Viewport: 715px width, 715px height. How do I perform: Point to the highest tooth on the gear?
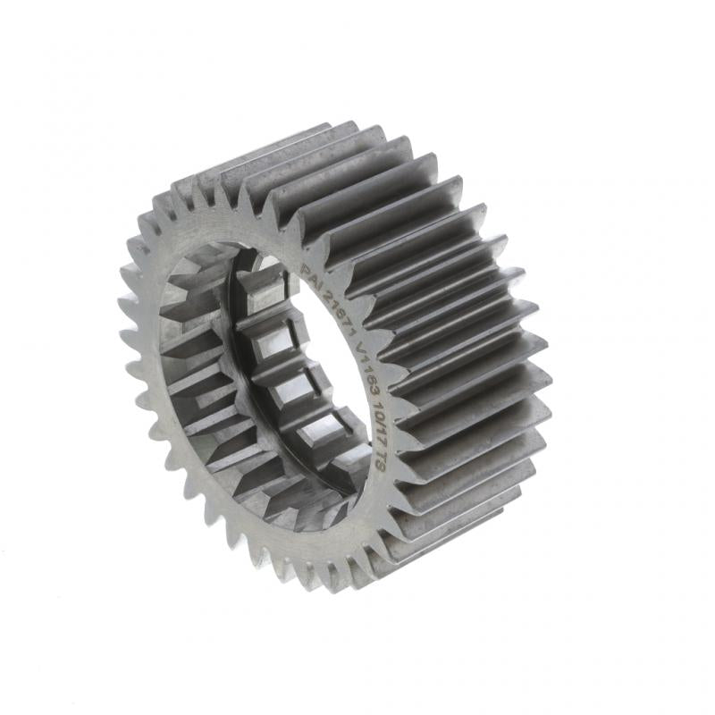point(344,125)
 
